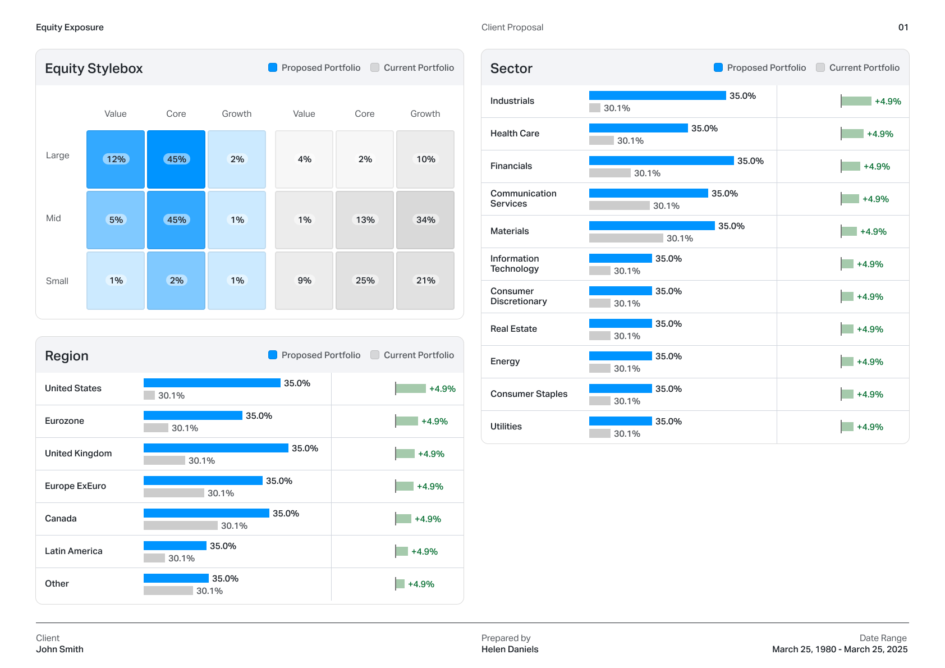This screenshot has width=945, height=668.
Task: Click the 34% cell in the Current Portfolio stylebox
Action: pyautogui.click(x=425, y=220)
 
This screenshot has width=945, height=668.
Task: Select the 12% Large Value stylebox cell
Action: pyautogui.click(x=116, y=159)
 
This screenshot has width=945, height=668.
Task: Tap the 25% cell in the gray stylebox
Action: pyautogui.click(x=365, y=281)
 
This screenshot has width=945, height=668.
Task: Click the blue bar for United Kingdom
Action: pyautogui.click(x=216, y=448)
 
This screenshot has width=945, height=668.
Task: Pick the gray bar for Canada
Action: pyautogui.click(x=180, y=525)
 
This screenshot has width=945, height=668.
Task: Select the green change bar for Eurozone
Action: pyautogui.click(x=407, y=421)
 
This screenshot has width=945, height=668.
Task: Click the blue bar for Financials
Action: pyautogui.click(x=661, y=161)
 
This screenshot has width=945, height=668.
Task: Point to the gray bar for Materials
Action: pyautogui.click(x=626, y=238)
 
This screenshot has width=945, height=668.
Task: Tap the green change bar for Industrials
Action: pyautogui.click(x=856, y=101)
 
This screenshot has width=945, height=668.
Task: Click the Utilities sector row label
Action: pyautogui.click(x=506, y=427)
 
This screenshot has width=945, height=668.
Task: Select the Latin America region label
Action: pyautogui.click(x=74, y=551)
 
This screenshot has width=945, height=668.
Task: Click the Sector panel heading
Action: pyautogui.click(x=511, y=68)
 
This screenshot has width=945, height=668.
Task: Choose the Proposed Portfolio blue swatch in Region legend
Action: pyautogui.click(x=273, y=355)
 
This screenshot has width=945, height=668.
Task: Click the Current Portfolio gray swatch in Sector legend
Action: pyautogui.click(x=820, y=67)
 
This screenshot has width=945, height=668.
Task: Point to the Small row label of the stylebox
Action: pyautogui.click(x=57, y=281)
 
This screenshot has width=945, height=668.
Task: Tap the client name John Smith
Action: pyautogui.click(x=59, y=649)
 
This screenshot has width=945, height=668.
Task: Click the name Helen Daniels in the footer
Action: pyautogui.click(x=510, y=649)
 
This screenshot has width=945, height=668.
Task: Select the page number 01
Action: pyautogui.click(x=903, y=28)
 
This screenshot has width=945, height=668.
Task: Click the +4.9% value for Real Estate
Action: pyautogui.click(x=870, y=330)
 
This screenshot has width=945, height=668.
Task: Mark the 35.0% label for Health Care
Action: pyautogui.click(x=704, y=129)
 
